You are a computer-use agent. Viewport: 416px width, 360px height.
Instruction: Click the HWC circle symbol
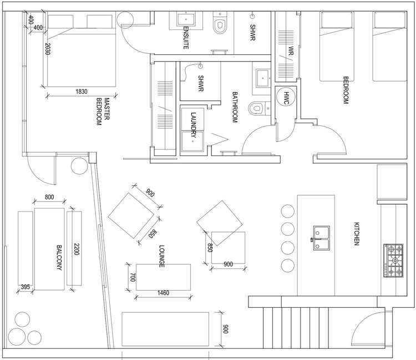[286, 95]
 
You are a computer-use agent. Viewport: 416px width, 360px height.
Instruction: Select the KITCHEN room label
[358, 234]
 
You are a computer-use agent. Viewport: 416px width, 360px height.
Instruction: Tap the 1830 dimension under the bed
[82, 92]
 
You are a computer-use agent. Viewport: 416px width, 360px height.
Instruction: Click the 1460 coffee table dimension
[163, 293]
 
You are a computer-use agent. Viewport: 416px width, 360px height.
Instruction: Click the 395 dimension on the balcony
[25, 287]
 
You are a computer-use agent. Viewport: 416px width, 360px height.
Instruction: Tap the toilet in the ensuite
[220, 24]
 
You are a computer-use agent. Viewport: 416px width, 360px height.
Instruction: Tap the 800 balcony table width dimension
[49, 197]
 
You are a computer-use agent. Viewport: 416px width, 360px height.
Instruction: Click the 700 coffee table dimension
[133, 277]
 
